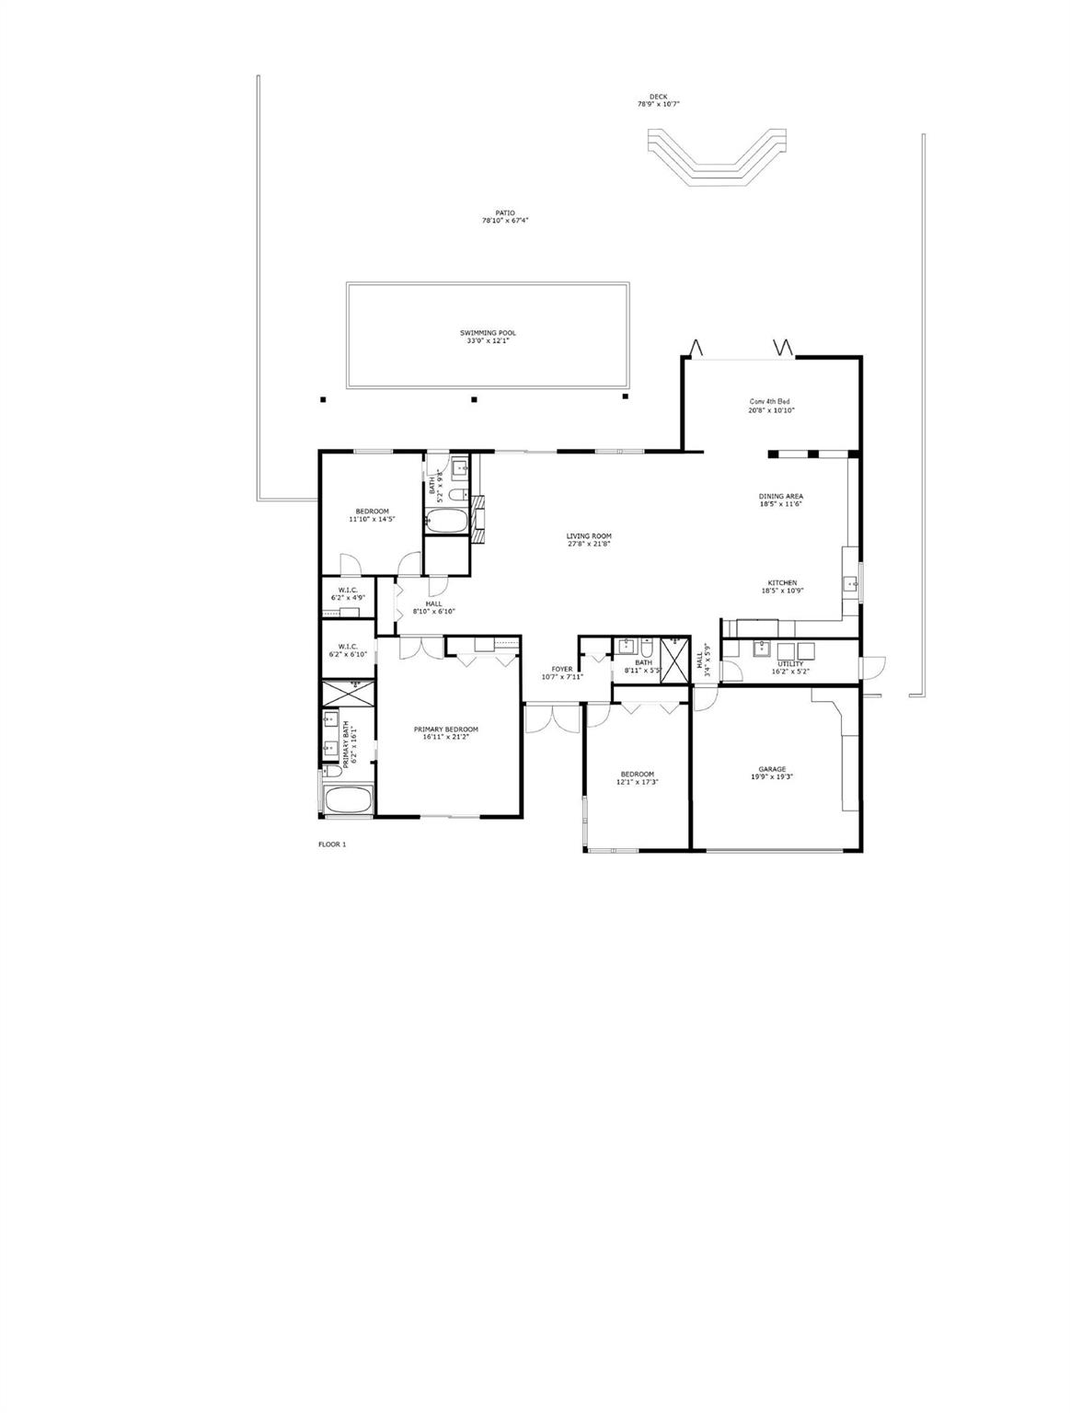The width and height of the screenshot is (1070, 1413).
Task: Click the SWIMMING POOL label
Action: (x=487, y=333)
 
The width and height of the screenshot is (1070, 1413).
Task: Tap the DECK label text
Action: (x=658, y=97)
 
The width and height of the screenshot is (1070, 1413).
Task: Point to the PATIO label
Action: (x=505, y=213)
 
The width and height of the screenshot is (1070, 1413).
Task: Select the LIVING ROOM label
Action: (x=589, y=536)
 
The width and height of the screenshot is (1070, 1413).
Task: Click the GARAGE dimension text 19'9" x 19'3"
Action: (x=772, y=776)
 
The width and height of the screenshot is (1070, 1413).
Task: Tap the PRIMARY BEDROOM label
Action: (x=445, y=729)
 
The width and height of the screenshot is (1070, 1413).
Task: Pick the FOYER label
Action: (x=562, y=669)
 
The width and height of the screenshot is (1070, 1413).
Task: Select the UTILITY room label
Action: (x=790, y=663)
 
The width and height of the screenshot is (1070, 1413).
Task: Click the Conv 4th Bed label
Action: (x=770, y=401)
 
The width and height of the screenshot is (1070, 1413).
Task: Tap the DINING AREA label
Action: (x=781, y=497)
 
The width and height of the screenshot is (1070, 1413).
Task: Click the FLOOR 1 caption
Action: (x=332, y=844)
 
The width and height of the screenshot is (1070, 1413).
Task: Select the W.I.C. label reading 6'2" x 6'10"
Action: (x=348, y=654)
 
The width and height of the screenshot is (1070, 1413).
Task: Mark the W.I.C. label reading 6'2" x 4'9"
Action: (x=348, y=597)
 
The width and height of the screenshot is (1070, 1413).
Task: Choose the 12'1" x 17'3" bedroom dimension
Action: (x=638, y=782)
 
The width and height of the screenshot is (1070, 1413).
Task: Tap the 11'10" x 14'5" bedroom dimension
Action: (x=372, y=519)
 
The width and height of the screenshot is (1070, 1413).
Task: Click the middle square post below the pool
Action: (x=475, y=399)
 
